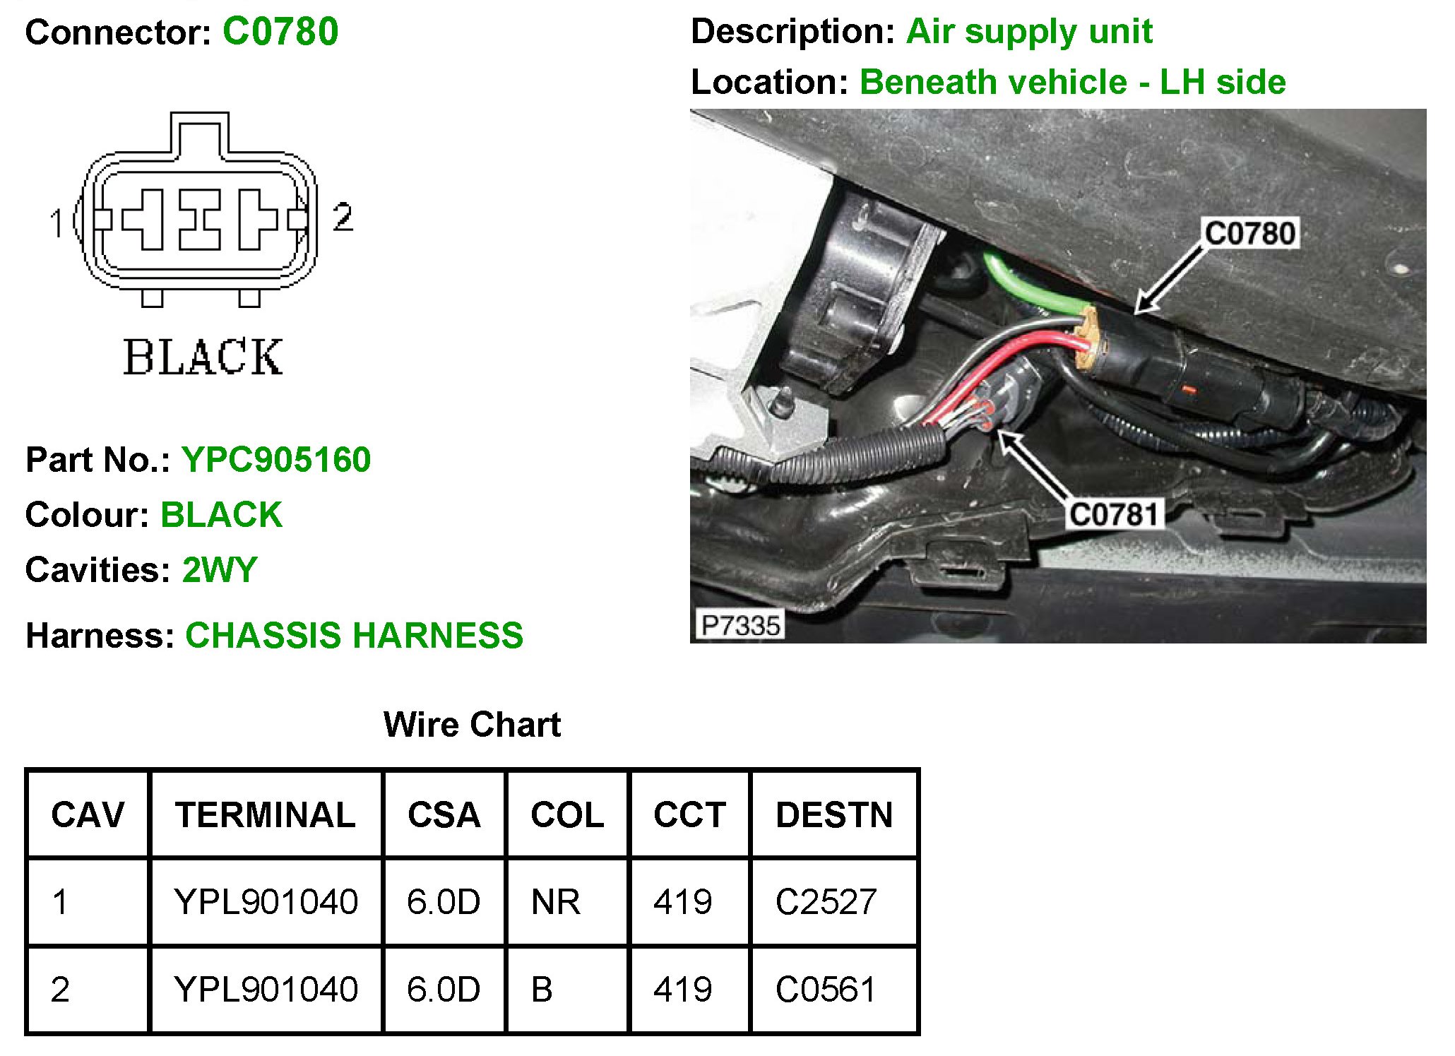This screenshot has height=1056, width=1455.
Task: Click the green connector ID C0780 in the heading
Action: pos(280,32)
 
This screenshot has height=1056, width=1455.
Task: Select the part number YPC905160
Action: pos(276,460)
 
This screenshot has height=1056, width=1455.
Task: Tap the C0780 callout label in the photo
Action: pos(1250,233)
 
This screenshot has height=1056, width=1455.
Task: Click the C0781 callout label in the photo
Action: pos(1114,514)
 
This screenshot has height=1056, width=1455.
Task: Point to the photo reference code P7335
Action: pos(740,625)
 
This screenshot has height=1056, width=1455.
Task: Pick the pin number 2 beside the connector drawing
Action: pos(343,216)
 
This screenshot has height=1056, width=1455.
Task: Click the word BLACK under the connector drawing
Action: pos(203,357)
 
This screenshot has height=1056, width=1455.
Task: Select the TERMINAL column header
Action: pos(266,815)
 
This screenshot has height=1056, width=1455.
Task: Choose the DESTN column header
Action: pos(834,815)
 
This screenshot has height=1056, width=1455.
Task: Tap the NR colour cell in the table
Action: pos(556,902)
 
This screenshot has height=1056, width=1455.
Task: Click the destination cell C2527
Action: pos(826,902)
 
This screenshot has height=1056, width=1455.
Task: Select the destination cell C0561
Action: pos(826,990)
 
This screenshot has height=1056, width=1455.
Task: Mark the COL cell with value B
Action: pos(542,990)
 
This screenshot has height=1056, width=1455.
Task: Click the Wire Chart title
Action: pos(472,725)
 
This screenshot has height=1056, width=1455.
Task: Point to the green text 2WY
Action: pos(220,570)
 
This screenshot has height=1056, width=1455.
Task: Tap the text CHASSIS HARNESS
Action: pos(354,635)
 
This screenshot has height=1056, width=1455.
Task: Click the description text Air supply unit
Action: pos(1029,32)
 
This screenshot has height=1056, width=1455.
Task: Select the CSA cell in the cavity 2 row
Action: pos(444,990)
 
